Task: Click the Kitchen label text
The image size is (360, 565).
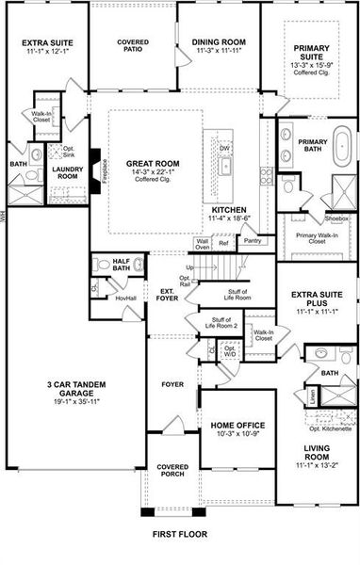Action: click(229, 213)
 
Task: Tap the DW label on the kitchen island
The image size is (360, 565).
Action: click(224, 149)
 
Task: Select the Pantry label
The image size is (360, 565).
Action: click(252, 241)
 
